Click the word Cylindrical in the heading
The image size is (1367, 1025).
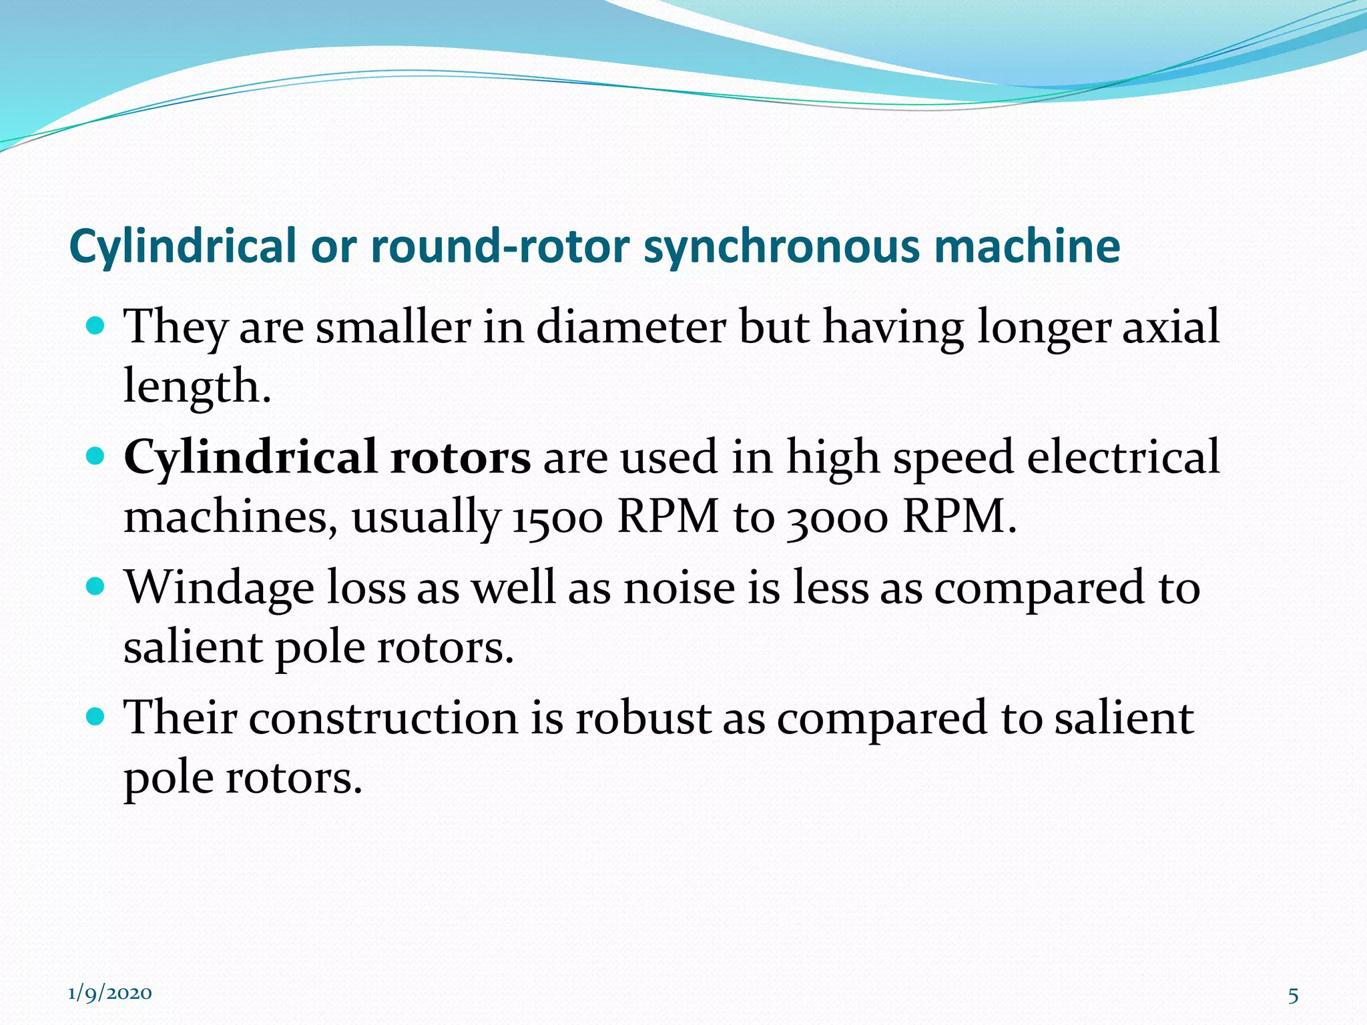pyautogui.click(x=182, y=247)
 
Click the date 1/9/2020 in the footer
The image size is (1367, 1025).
pyautogui.click(x=110, y=994)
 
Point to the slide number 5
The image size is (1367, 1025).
pyautogui.click(x=1293, y=996)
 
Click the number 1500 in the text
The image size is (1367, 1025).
pyautogui.click(x=557, y=518)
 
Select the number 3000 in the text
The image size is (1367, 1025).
pyautogui.click(x=838, y=518)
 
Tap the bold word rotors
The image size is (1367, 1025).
pyautogui.click(x=461, y=458)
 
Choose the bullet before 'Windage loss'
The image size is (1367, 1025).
pyautogui.click(x=96, y=587)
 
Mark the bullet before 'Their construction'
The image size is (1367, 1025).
pyautogui.click(x=96, y=717)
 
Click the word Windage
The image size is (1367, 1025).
pyautogui.click(x=220, y=589)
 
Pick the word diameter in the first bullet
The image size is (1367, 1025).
pyautogui.click(x=631, y=327)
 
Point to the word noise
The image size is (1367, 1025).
pyautogui.click(x=679, y=589)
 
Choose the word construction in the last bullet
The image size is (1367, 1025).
pyautogui.click(x=383, y=718)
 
